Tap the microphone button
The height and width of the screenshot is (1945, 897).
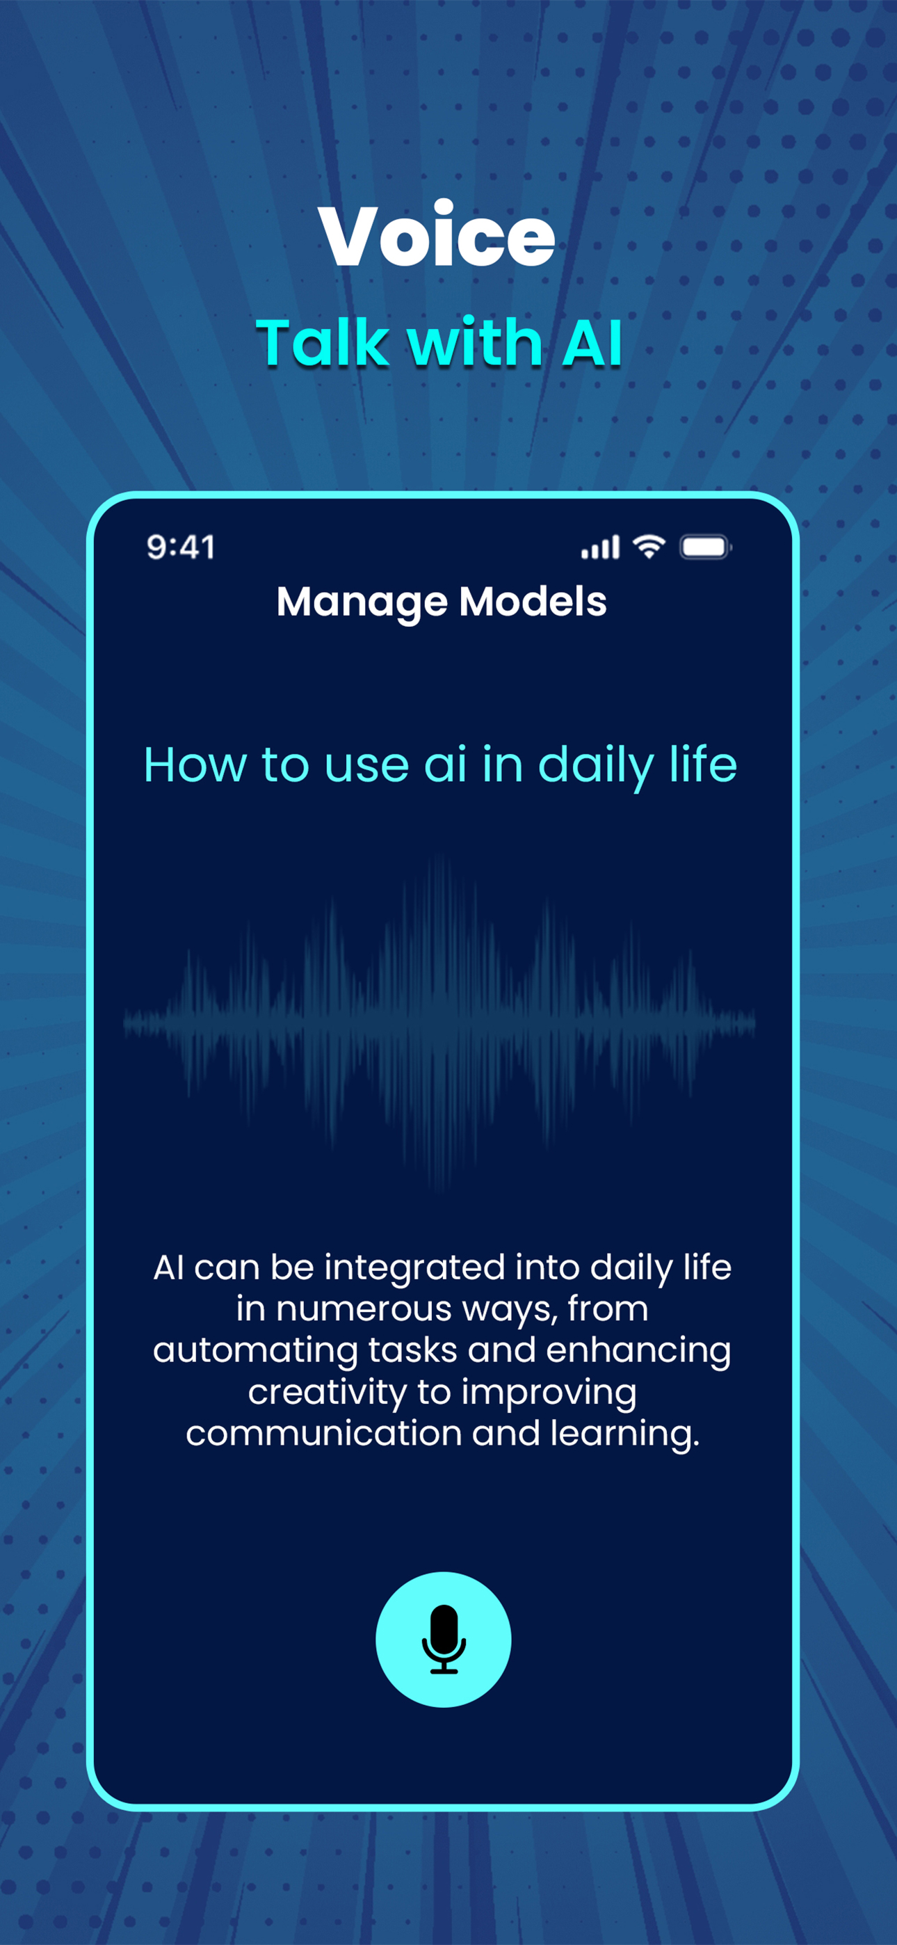443,1639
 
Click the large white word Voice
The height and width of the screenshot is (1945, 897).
437,234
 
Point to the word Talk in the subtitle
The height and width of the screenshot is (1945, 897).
323,343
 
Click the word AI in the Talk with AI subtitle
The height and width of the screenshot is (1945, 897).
592,343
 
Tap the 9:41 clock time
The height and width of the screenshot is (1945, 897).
181,547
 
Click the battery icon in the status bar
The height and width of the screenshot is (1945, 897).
705,547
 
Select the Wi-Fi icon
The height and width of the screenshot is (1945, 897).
649,546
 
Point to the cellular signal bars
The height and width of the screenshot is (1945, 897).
600,547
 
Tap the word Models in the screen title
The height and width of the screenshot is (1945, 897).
533,602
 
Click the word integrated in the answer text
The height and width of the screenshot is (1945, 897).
414,1267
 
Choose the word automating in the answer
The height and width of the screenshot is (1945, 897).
256,1351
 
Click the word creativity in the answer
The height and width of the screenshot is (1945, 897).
327,1392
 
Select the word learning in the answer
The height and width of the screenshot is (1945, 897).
625,1434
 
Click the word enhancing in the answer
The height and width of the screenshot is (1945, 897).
639,1351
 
